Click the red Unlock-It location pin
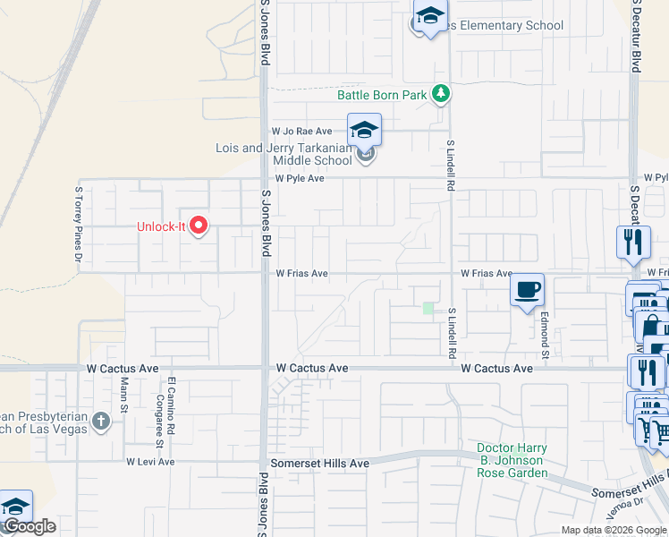click(x=199, y=226)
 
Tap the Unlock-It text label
click(x=160, y=226)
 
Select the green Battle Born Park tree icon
click(x=440, y=93)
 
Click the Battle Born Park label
click(x=382, y=95)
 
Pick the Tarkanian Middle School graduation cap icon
click(x=364, y=131)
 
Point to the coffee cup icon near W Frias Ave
click(x=527, y=290)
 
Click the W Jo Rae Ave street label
click(x=302, y=131)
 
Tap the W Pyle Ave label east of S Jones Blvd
click(x=298, y=179)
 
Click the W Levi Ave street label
click(x=150, y=462)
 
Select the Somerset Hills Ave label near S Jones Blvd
click(x=320, y=463)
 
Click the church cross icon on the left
click(x=101, y=421)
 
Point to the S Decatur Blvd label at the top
click(x=636, y=36)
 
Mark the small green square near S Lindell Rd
click(x=428, y=310)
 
